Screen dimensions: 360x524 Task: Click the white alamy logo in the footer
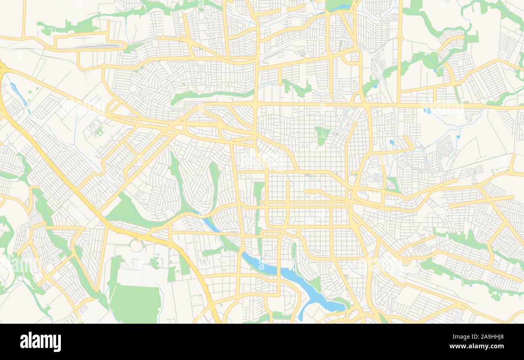coord(41,341)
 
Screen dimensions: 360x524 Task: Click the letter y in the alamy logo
coord(57,343)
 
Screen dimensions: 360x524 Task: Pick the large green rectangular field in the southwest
coord(135,303)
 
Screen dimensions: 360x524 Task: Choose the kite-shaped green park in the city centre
coord(322,135)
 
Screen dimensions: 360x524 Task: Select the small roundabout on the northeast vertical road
coord(400,38)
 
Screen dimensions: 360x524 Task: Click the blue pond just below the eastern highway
coord(427,110)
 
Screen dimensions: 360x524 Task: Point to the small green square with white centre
coord(99,131)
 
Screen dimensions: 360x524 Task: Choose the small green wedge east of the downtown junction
coord(392,184)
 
